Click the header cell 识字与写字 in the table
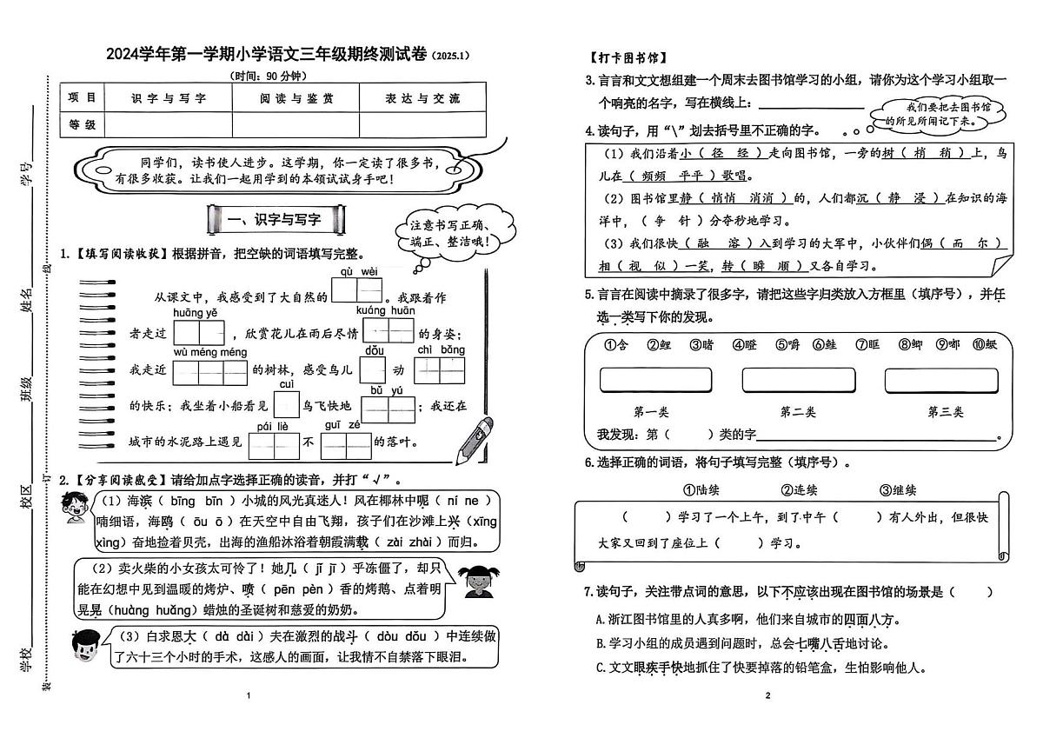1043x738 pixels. [x=168, y=98]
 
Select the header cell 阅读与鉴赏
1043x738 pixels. [x=296, y=98]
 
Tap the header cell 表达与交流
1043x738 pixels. [x=422, y=98]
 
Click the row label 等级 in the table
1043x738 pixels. [x=82, y=124]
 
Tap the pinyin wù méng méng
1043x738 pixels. [x=210, y=352]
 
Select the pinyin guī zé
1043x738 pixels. [x=342, y=425]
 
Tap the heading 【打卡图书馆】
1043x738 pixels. [x=627, y=58]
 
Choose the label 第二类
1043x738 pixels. [x=798, y=411]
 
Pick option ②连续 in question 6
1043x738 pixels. [x=799, y=490]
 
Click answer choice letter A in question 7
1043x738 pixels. [x=600, y=620]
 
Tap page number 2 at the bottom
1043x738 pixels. [x=767, y=695]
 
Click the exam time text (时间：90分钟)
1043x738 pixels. [x=273, y=76]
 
